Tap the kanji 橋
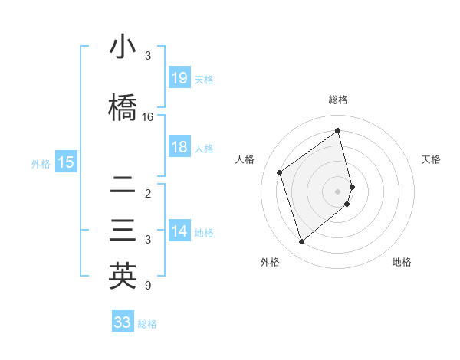click(122, 108)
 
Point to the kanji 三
click(122, 231)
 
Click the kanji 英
click(122, 277)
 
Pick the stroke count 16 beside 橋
click(148, 117)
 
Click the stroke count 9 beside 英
click(148, 286)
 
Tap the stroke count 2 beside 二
click(148, 194)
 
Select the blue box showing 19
click(179, 77)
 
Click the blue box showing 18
click(179, 147)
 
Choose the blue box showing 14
click(179, 231)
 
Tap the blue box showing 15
click(66, 162)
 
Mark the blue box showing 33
click(122, 322)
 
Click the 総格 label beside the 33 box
click(147, 324)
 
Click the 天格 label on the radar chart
click(431, 159)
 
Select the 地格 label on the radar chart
click(402, 263)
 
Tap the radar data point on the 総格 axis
click(338, 130)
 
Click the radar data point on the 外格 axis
click(301, 242)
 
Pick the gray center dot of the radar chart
click(338, 191)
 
